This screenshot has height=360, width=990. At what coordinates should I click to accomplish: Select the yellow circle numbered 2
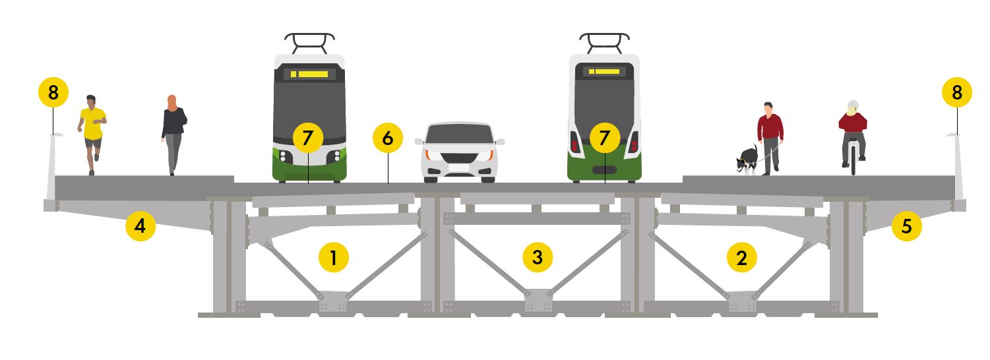coord(742,258)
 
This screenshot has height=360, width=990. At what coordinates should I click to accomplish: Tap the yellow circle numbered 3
coord(538,258)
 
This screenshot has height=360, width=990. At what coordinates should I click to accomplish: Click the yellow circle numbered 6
coord(387,138)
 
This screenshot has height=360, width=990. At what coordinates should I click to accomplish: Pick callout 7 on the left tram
coord(308,138)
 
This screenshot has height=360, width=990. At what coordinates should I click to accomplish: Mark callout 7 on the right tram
coord(604,138)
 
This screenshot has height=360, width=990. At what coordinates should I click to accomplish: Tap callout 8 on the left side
coord(53,93)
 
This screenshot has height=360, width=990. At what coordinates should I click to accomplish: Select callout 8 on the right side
coord(957,93)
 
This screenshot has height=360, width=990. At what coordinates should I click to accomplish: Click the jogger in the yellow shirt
coord(92,132)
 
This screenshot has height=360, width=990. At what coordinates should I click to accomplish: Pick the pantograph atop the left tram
coord(309,42)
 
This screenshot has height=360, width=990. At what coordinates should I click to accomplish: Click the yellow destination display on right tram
coord(604,71)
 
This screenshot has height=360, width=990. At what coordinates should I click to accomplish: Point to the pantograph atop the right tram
coord(604,42)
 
